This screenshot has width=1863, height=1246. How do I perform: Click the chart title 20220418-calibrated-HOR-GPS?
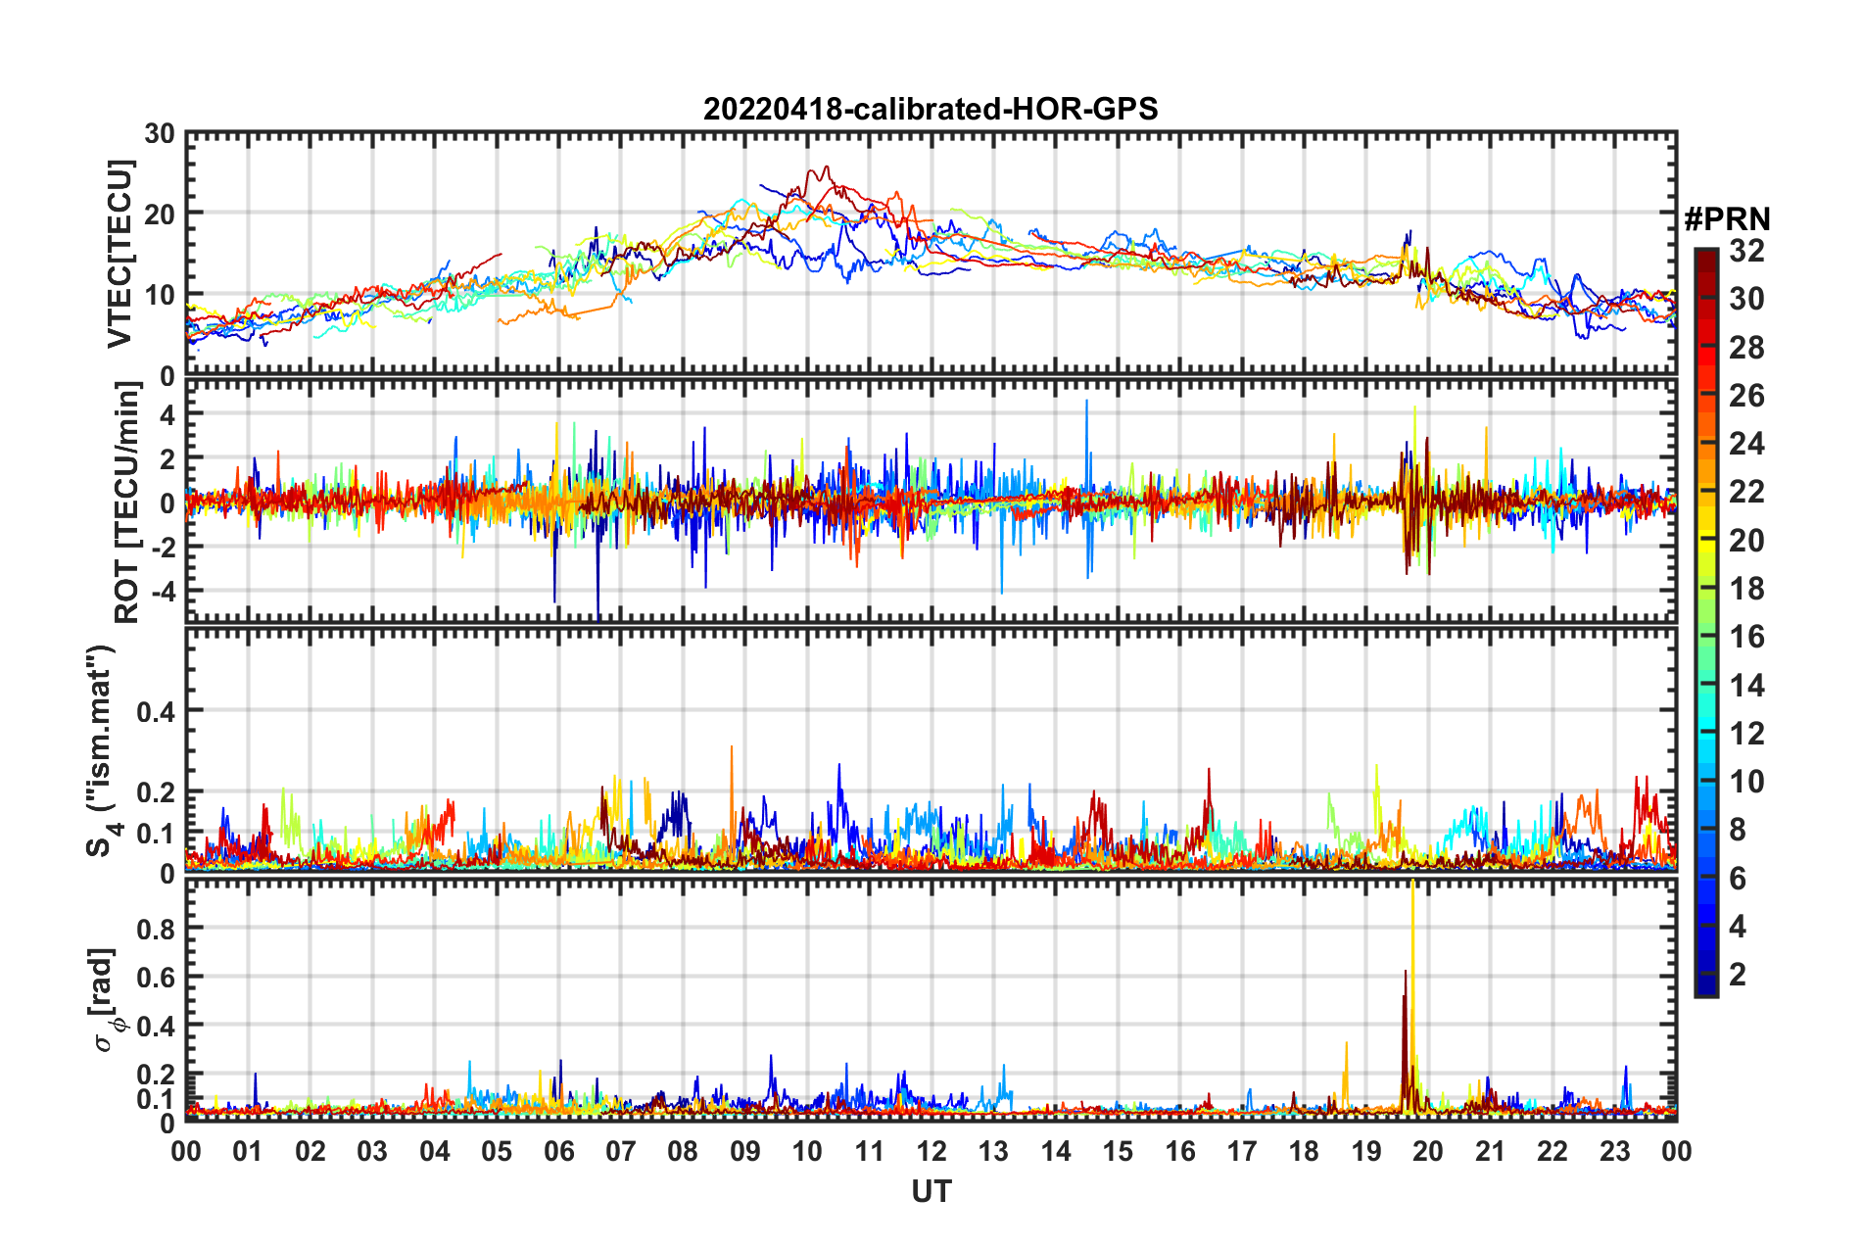(x=931, y=109)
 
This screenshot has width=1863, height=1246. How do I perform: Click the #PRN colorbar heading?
(x=1727, y=219)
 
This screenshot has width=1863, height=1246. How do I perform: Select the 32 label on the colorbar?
(x=1746, y=251)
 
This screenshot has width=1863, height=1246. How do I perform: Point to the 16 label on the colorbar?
(x=1746, y=637)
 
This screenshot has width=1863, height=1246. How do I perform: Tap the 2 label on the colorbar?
(x=1738, y=974)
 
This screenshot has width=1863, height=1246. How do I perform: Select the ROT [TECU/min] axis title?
(x=127, y=503)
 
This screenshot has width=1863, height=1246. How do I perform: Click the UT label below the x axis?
(x=931, y=1191)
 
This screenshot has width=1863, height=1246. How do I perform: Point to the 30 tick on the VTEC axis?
(x=160, y=134)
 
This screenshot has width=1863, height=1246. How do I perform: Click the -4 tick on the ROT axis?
(x=160, y=592)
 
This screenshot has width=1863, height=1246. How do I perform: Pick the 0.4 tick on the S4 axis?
(x=156, y=711)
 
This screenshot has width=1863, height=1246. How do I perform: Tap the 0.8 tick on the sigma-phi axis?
(x=156, y=928)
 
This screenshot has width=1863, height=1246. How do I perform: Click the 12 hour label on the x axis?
(x=931, y=1151)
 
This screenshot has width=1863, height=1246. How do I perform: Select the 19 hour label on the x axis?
(x=1365, y=1151)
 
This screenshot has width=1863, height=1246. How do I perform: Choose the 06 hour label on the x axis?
(x=558, y=1151)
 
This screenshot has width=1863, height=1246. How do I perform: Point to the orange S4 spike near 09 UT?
(x=732, y=748)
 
